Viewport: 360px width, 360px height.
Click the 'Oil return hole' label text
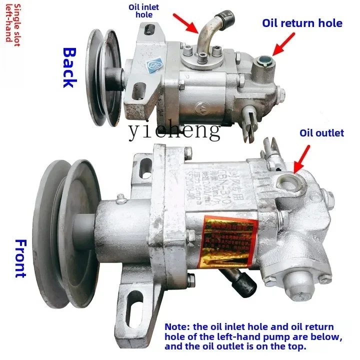(x=302, y=23)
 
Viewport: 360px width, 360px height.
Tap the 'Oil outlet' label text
(x=321, y=132)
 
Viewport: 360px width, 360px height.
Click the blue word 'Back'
(x=69, y=67)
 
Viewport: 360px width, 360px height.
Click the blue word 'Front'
(x=20, y=258)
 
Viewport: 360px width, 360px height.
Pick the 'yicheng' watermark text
(x=174, y=130)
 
